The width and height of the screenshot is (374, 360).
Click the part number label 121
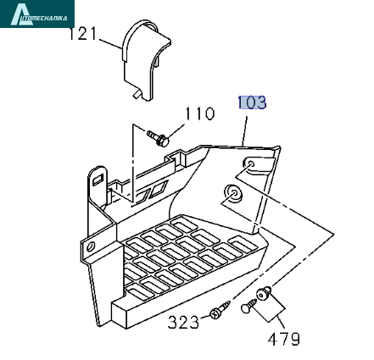(x=83, y=34)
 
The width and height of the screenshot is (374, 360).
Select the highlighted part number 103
(x=252, y=102)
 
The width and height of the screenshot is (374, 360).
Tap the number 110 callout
(x=199, y=114)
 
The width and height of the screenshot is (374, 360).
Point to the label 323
(x=183, y=322)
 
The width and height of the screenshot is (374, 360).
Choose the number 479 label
(x=283, y=339)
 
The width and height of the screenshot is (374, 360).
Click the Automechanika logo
(x=37, y=14)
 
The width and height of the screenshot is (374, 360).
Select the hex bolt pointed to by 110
(x=159, y=137)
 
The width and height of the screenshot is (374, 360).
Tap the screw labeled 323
(x=220, y=310)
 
